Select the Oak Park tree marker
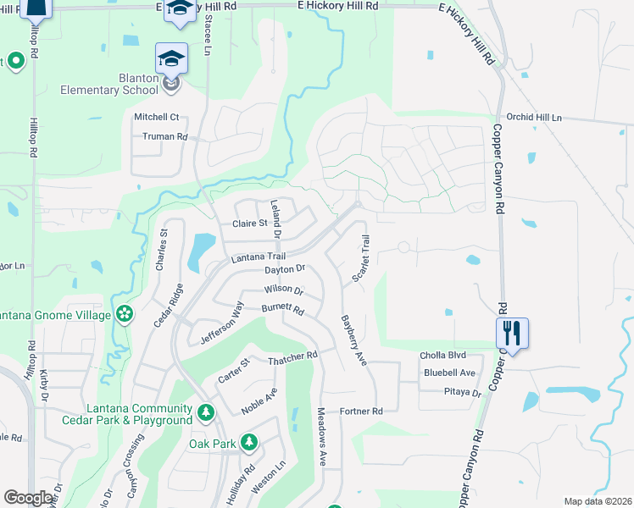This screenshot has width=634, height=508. (248, 441)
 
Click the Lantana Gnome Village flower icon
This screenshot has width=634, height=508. (125, 315)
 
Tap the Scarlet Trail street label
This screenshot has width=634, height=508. (361, 260)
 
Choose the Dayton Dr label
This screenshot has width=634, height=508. (284, 270)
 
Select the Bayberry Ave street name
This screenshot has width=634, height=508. (353, 341)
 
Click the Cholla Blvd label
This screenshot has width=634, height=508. (443, 356)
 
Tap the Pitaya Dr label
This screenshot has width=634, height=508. (463, 393)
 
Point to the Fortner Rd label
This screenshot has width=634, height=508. (361, 411)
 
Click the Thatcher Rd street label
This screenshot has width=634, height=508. (292, 358)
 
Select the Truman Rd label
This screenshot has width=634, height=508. (164, 136)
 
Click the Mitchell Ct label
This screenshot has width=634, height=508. (157, 117)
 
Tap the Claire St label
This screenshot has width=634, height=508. (250, 224)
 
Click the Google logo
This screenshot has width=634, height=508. (29, 498)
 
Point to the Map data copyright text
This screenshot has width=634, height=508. (598, 501)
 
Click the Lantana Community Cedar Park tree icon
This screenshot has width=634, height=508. (205, 412)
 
